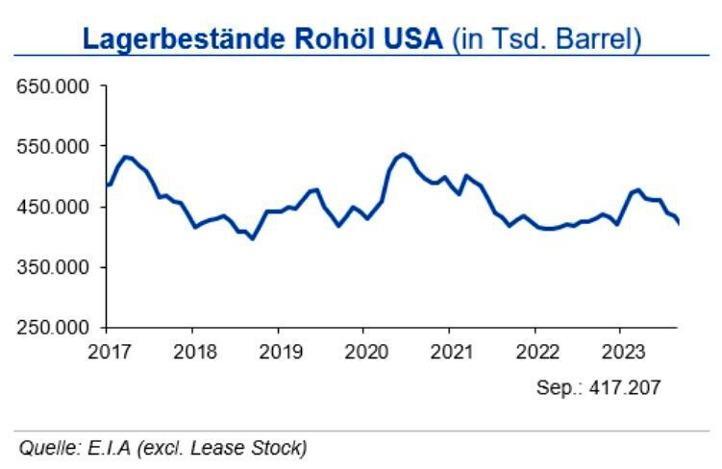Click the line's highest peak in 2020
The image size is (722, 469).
[403, 153]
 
